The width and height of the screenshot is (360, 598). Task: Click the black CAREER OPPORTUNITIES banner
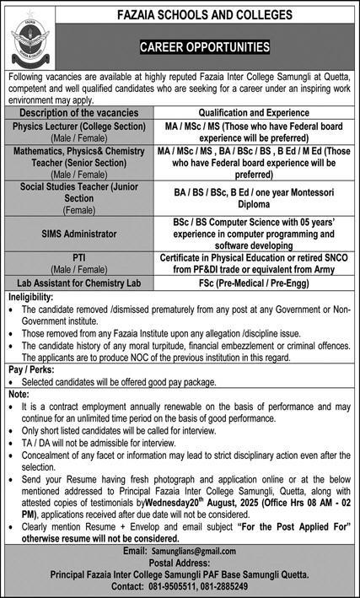coord(205,47)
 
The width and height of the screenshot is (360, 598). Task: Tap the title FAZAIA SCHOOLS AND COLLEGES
coord(204,15)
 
